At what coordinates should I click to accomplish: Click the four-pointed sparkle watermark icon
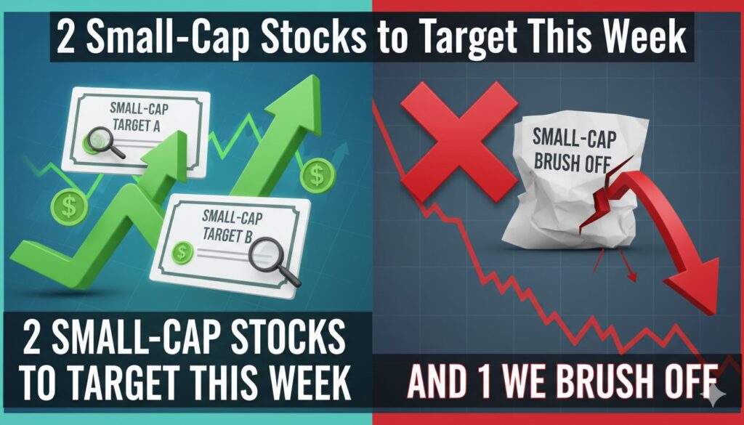(717, 393)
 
